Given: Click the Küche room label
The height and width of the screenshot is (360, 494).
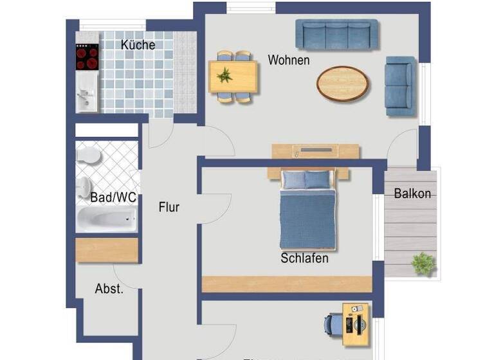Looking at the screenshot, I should (x=138, y=45).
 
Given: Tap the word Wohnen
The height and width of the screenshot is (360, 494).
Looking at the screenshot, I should (x=289, y=60).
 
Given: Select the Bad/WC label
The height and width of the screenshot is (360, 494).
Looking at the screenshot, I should (x=113, y=197).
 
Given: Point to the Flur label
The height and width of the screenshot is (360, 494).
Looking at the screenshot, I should (x=169, y=208).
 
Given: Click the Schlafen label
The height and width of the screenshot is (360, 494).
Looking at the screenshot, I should (x=304, y=258).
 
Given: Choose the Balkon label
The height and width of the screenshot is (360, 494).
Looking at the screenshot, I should (x=412, y=193).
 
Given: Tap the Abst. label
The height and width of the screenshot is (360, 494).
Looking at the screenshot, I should (x=109, y=289).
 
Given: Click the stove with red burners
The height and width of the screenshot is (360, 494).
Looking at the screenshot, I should (x=87, y=57).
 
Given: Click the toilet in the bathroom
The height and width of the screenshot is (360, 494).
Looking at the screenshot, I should (x=87, y=155).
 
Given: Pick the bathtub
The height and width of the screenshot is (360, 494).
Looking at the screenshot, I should (x=107, y=219).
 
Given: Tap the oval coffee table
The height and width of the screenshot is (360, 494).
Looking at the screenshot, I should (x=343, y=84).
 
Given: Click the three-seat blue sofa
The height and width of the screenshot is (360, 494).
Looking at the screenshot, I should (x=336, y=34).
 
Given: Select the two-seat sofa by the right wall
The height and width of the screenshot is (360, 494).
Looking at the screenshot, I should (x=400, y=85).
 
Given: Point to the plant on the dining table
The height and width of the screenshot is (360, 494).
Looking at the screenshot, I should (x=225, y=75).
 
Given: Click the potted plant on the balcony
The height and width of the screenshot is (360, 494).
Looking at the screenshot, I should (x=423, y=263).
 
